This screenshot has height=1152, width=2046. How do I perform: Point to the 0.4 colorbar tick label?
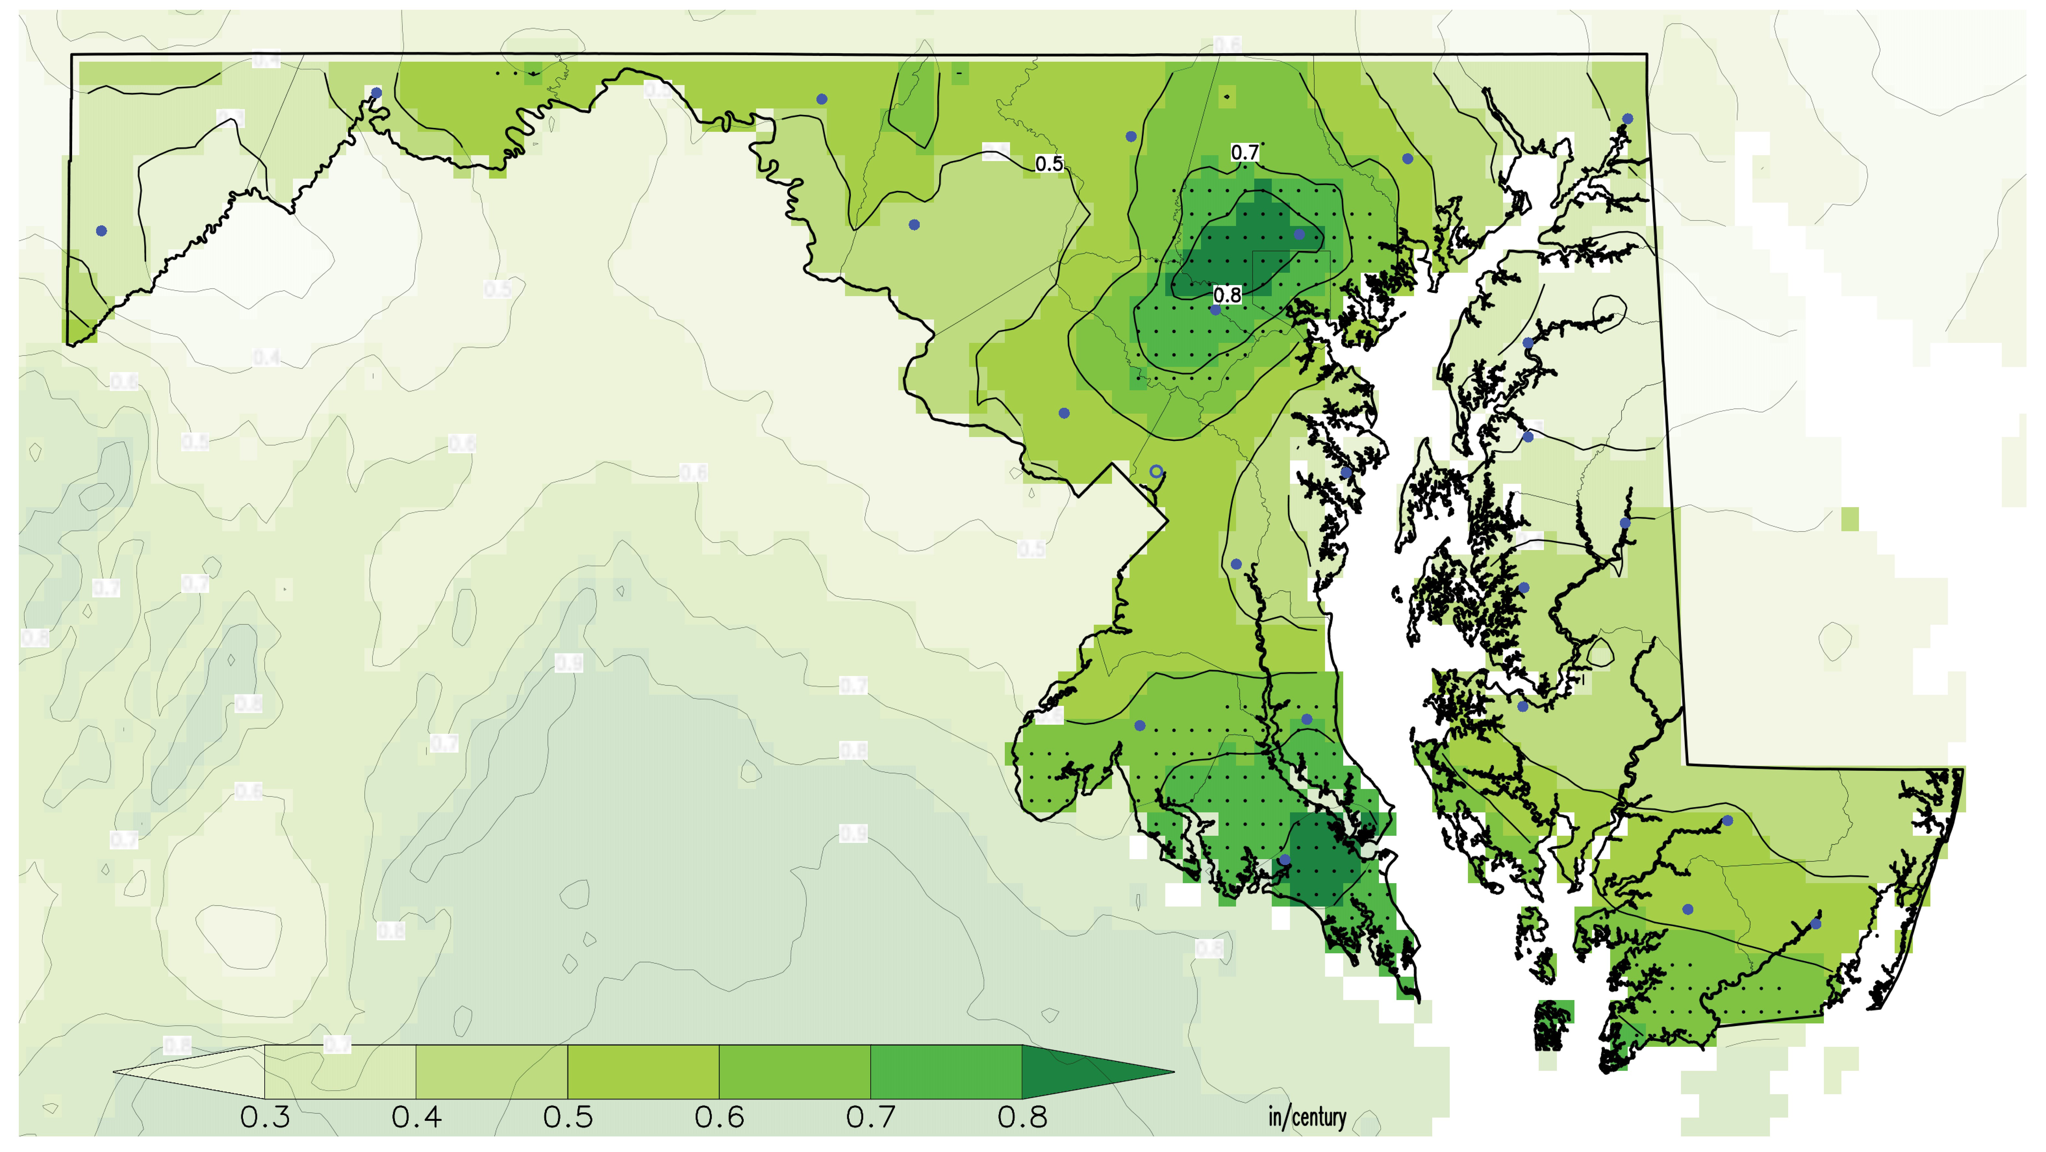tap(416, 1118)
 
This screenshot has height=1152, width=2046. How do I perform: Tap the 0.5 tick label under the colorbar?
tap(568, 1118)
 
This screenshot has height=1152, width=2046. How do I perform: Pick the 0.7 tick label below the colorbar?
tap(870, 1118)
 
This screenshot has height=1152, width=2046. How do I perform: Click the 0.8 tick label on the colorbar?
tap(1022, 1118)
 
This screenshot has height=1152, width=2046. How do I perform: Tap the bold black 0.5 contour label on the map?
tap(1048, 164)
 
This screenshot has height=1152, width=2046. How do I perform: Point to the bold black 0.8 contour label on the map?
tap(1226, 295)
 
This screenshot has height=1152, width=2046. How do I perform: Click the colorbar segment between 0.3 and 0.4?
tap(340, 1072)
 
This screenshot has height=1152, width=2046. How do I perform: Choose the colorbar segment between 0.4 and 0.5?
tap(492, 1072)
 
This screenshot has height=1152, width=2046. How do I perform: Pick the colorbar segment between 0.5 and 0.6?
tap(643, 1072)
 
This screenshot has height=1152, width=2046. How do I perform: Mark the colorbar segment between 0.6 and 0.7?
tap(794, 1072)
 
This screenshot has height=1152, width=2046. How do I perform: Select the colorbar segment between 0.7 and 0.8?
tap(946, 1072)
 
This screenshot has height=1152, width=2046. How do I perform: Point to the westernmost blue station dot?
tap(101, 231)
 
